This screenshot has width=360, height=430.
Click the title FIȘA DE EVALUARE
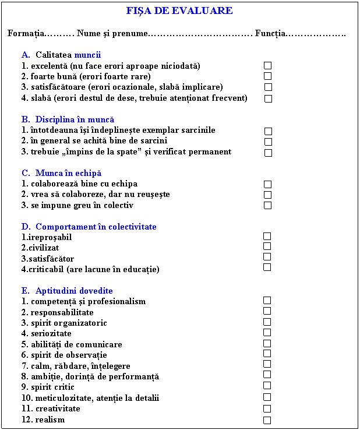(179, 11)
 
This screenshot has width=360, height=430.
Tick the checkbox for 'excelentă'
(267, 66)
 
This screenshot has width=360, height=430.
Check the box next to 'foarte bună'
(267, 76)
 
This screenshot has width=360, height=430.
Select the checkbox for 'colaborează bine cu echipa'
(267, 184)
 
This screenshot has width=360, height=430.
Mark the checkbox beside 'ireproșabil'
(267, 236)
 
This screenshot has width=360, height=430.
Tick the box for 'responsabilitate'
(267, 311)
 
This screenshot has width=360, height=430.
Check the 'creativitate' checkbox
(267, 409)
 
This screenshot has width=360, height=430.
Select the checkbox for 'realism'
(267, 420)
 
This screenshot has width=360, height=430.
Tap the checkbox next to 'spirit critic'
(267, 386)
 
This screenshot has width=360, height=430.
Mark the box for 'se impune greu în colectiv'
(267, 206)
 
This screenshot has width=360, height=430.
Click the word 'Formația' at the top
(24, 33)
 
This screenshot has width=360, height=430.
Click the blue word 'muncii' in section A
(87, 55)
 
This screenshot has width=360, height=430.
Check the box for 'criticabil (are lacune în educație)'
(267, 267)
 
